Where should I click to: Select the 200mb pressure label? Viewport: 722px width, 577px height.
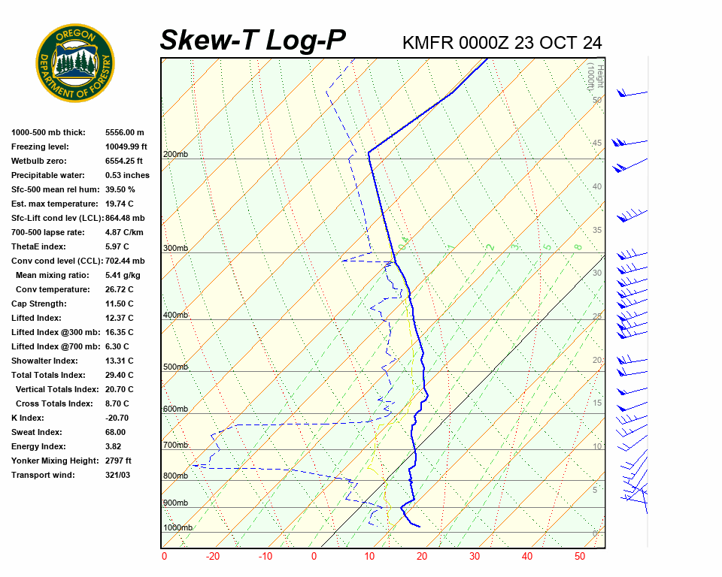pos(175,155)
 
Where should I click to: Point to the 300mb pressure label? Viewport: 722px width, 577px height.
pos(175,249)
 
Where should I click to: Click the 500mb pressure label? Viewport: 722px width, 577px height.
pos(175,367)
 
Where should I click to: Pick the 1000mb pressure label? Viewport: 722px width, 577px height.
pos(177,528)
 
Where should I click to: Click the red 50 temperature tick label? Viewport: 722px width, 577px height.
pos(580,557)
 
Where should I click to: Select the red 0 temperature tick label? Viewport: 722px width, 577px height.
pos(314,557)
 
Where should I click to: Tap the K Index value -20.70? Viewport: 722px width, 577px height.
pos(117,418)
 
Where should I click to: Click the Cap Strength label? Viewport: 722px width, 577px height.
pos(38,304)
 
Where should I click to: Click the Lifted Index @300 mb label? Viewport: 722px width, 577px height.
pos(50,332)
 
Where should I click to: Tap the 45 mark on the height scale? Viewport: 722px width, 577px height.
pos(597,143)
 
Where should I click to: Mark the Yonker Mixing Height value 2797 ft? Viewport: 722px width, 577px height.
pos(118,461)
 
